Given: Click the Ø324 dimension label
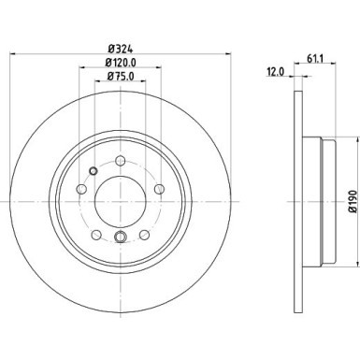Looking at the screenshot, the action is tap(121, 49).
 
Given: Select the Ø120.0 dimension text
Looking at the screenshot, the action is tap(121, 63).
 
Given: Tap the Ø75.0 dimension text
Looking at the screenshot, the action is tap(121, 76).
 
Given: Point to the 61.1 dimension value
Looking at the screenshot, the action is tap(316, 58).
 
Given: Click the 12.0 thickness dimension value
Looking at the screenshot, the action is tap(276, 72).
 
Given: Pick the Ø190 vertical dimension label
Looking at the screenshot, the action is tap(353, 201).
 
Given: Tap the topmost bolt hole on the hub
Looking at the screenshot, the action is tap(121, 161).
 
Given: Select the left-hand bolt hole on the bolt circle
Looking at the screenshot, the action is tap(81, 189).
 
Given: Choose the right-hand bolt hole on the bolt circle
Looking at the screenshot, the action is tap(159, 189).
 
